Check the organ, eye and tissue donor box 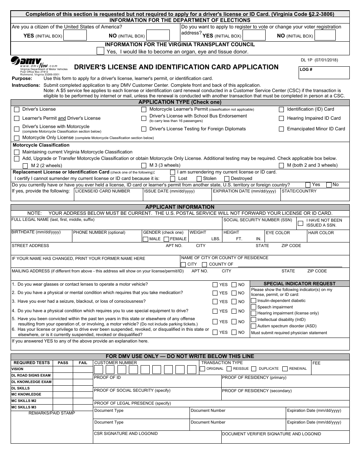tap(100, 51)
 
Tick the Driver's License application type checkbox tap(17, 109)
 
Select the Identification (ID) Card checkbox tap(281, 109)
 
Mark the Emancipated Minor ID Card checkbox tap(281, 129)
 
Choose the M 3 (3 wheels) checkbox tap(144, 165)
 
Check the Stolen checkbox tap(199, 178)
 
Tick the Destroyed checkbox tap(227, 178)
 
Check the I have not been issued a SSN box tap(301, 223)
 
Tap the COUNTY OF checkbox tap(204, 264)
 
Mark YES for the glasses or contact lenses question tap(215, 285)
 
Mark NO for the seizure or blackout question tap(234, 302)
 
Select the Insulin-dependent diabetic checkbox tap(254, 301)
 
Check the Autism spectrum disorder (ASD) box tap(254, 326)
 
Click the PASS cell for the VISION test tap(63, 369)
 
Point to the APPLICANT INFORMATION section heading tap(180, 207)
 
